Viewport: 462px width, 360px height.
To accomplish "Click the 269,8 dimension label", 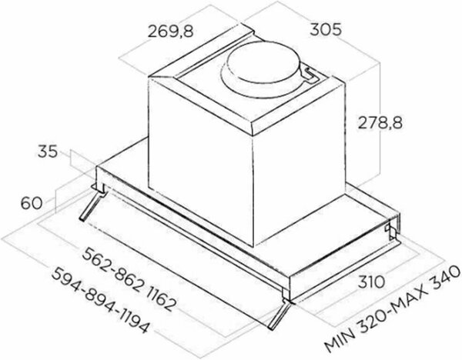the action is pyautogui.click(x=171, y=32).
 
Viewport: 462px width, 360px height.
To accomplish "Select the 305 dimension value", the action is pyautogui.click(x=326, y=30).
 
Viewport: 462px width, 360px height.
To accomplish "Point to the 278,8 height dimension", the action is pyautogui.click(x=380, y=123).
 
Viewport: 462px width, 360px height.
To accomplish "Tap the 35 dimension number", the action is pyautogui.click(x=48, y=152).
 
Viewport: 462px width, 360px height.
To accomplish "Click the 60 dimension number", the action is pyautogui.click(x=32, y=203).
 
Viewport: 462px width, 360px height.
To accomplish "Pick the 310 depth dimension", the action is pyautogui.click(x=372, y=282).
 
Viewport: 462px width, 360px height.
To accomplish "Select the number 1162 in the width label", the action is pyautogui.click(x=161, y=297).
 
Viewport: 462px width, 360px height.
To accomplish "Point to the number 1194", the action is pyautogui.click(x=135, y=322).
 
